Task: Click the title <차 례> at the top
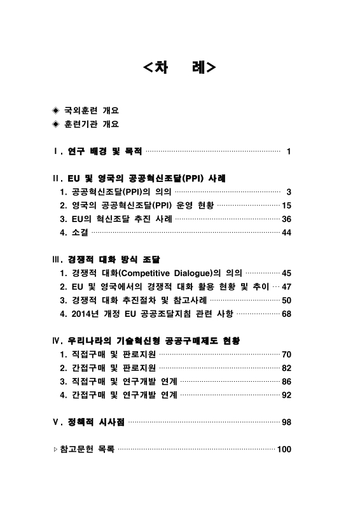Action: (x=180, y=67)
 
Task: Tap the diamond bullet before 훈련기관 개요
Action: (x=55, y=125)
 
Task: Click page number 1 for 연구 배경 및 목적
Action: (x=289, y=152)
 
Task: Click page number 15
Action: (x=286, y=206)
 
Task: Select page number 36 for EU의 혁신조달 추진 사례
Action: (x=286, y=220)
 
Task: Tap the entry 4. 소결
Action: (x=74, y=234)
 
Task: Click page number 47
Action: (x=286, y=287)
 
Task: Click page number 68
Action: (x=286, y=314)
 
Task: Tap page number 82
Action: (x=286, y=368)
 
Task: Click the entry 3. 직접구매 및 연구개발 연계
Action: (x=118, y=382)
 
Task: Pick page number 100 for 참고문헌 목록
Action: (x=284, y=450)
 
